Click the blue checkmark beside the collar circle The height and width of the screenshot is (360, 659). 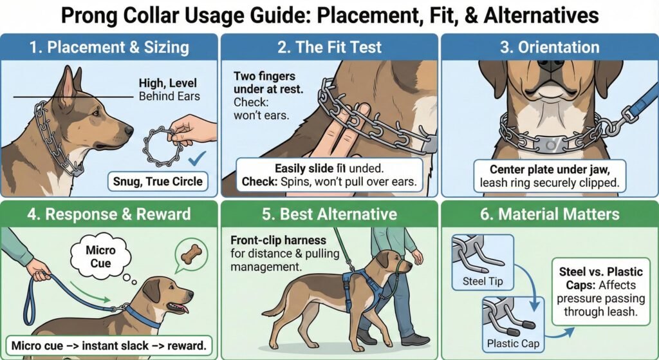point(197,158)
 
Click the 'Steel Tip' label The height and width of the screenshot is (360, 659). point(483,281)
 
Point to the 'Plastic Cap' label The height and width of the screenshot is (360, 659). point(513,344)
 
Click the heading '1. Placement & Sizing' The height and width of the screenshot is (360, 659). point(109,47)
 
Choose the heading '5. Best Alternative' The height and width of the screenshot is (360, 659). point(329,214)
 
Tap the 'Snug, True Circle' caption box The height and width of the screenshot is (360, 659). point(158,181)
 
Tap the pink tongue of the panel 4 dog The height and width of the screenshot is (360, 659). point(180,308)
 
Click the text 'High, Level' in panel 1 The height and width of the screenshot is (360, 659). point(168,83)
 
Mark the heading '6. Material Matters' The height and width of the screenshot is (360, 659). point(550,214)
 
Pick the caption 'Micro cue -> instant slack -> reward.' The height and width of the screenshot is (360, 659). point(109,346)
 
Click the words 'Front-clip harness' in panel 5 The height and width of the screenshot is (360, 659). point(278,240)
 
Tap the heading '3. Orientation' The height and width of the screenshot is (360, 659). point(550,47)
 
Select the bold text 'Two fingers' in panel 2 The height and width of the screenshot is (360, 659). point(265,76)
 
